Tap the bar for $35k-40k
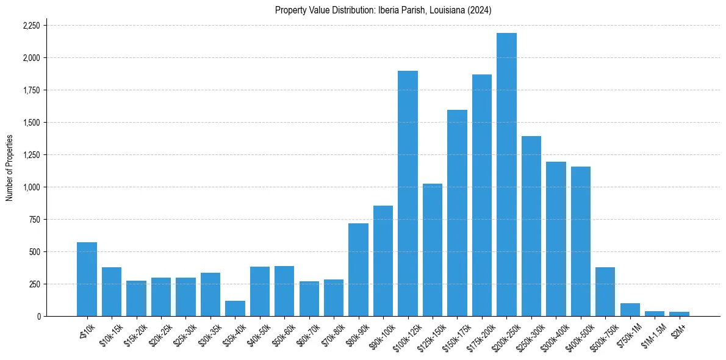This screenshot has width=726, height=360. click(235, 309)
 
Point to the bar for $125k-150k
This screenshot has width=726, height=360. click(433, 250)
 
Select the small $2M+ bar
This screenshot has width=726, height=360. click(679, 314)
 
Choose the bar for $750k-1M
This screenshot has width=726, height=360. click(630, 310)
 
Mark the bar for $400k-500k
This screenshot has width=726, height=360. click(581, 241)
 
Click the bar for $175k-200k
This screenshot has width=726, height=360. click(482, 195)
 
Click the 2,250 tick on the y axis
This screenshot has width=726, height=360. click(31, 26)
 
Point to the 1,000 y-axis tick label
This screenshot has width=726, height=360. click(31, 187)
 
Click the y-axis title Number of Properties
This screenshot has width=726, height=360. click(10, 167)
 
